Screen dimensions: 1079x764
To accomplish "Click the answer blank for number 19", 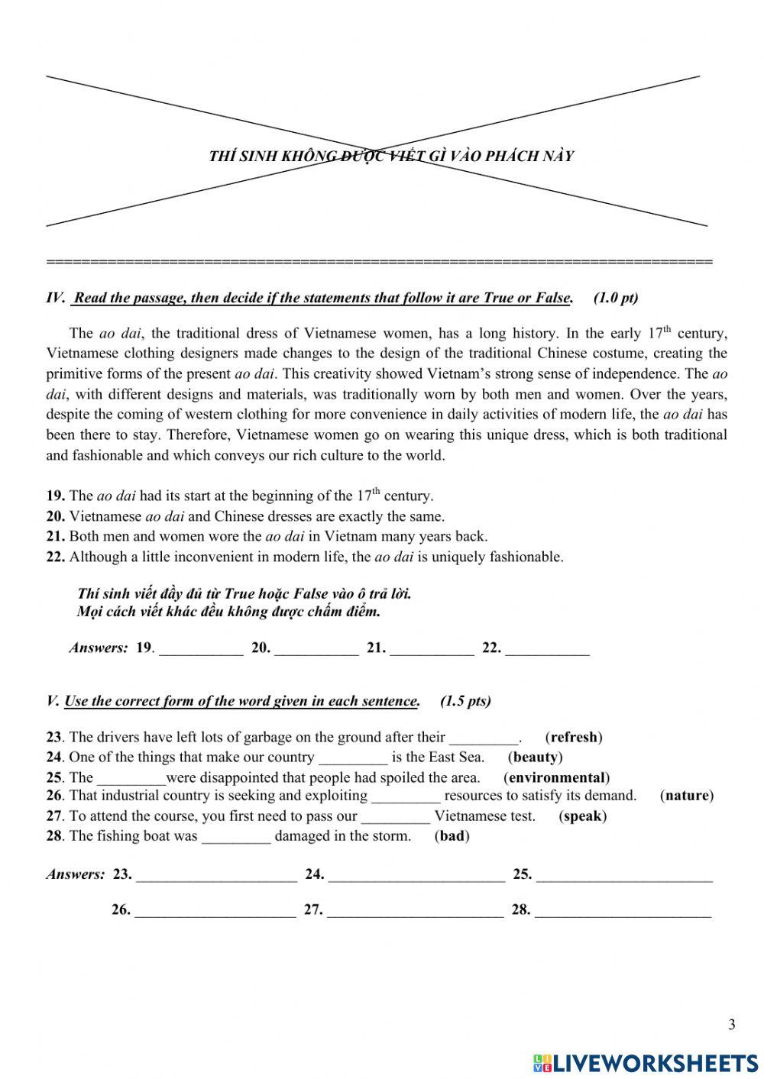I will [x=201, y=648].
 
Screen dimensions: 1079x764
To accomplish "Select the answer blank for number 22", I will [x=547, y=648].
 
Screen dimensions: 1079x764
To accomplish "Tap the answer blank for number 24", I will [x=416, y=875].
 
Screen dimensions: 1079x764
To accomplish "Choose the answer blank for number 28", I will [x=623, y=910].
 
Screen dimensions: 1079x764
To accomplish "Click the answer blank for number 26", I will [x=215, y=910].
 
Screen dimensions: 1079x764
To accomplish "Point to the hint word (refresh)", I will [x=574, y=737].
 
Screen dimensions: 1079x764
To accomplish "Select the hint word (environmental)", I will [x=556, y=777].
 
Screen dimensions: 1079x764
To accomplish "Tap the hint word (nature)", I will [x=686, y=795].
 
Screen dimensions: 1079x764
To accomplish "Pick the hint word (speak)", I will [x=582, y=816].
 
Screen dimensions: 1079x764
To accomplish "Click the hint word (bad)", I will [x=452, y=835].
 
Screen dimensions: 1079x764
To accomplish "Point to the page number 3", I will [x=731, y=1025].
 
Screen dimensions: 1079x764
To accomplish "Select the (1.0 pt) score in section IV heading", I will [x=615, y=298].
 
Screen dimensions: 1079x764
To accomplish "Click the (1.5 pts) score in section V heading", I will [x=465, y=700].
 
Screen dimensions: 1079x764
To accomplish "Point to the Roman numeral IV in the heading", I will [x=55, y=298].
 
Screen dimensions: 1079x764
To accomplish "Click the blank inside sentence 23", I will [x=484, y=738].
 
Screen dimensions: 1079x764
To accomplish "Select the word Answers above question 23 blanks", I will [x=75, y=874].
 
